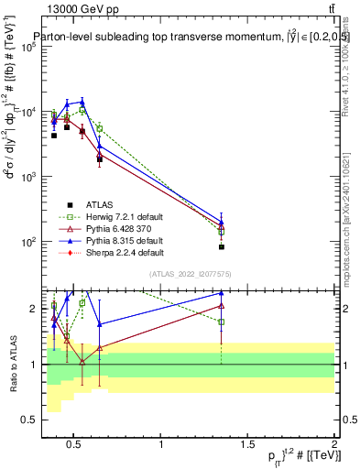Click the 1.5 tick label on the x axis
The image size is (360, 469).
pyautogui.click(x=247, y=444)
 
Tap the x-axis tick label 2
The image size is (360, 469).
pyautogui.click(x=333, y=444)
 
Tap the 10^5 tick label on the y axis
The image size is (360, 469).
pyautogui.click(x=27, y=47)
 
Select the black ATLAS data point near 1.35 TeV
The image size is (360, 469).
pyautogui.click(x=222, y=247)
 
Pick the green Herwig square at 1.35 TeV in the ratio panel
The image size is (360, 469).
pyautogui.click(x=222, y=322)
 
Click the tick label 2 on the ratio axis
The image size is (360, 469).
pyautogui.click(x=32, y=309)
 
